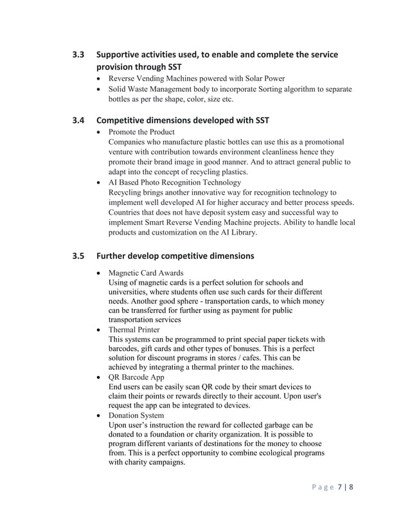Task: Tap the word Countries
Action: (x=128, y=212)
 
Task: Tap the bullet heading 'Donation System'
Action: (x=136, y=415)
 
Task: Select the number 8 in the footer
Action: (x=352, y=486)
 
